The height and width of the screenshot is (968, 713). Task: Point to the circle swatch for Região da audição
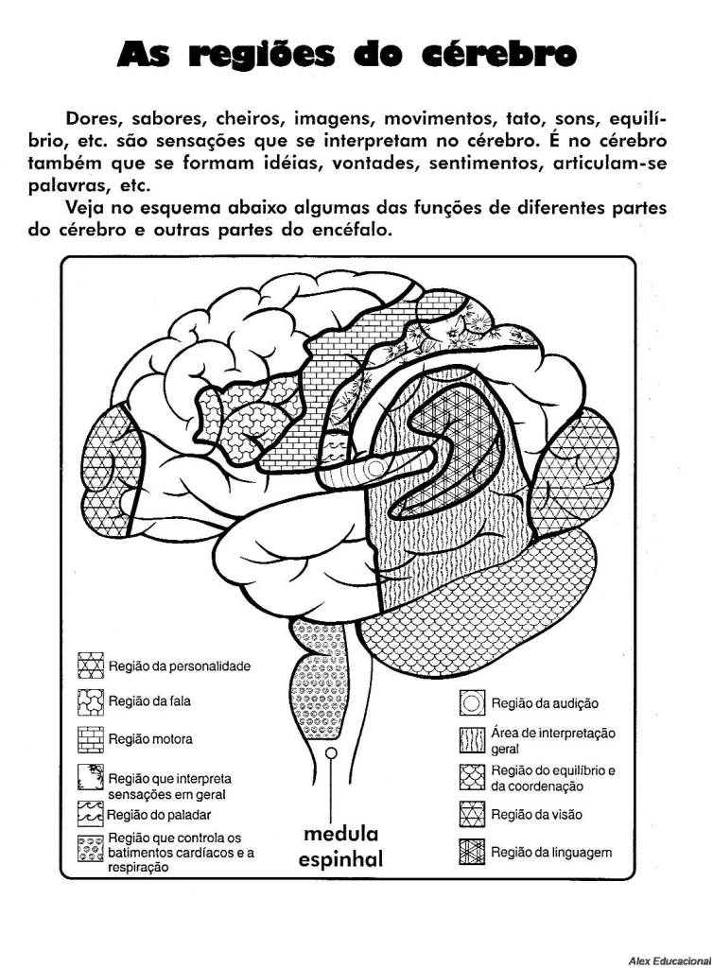(x=471, y=702)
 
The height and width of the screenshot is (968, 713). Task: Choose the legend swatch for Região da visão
(x=471, y=814)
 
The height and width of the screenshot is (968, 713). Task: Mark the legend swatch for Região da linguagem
(x=471, y=852)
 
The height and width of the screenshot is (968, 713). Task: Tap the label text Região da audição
(x=545, y=703)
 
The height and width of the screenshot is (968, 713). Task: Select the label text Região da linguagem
(x=551, y=852)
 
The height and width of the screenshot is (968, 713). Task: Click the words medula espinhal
(x=340, y=847)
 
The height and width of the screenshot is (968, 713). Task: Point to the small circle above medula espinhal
(x=332, y=753)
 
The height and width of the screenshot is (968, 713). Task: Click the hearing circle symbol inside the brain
(x=375, y=468)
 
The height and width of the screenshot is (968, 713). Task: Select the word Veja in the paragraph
(x=87, y=207)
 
